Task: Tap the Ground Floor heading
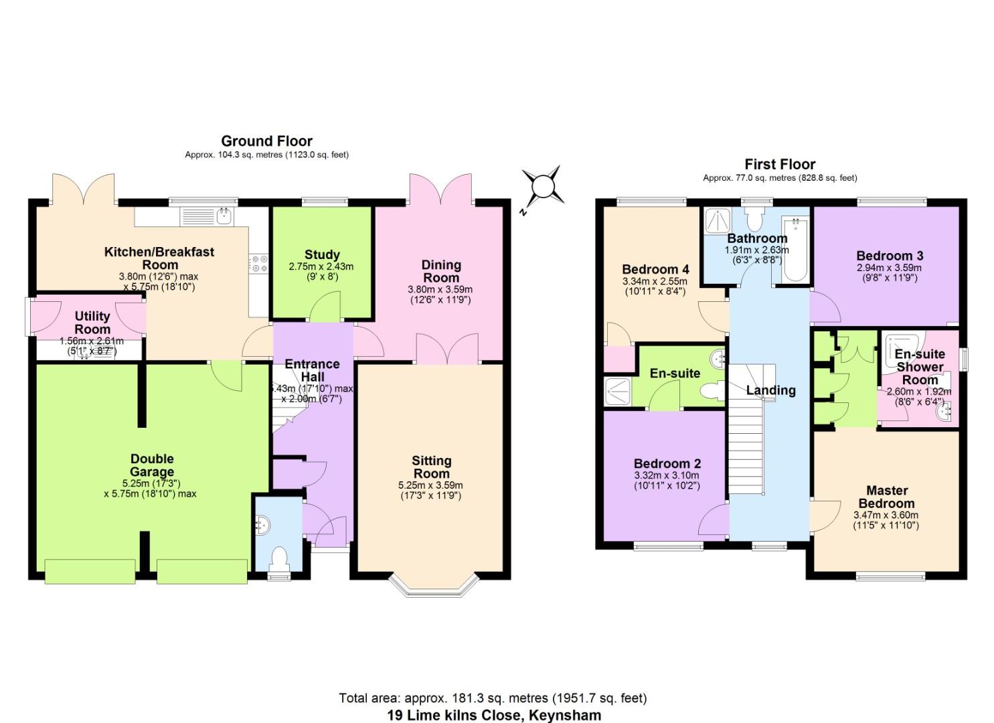pyautogui.click(x=266, y=141)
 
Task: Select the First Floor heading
pyautogui.click(x=780, y=164)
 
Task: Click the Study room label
pyautogui.click(x=322, y=254)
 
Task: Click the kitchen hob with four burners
pyautogui.click(x=260, y=264)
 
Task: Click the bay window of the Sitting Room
pyautogui.click(x=436, y=586)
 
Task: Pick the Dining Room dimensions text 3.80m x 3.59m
pyautogui.click(x=440, y=290)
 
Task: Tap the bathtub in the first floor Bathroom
pyautogui.click(x=795, y=251)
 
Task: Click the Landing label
pyautogui.click(x=771, y=390)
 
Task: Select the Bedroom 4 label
pyautogui.click(x=655, y=269)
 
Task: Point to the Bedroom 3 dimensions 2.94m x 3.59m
pyautogui.click(x=889, y=268)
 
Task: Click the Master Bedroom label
pyautogui.click(x=886, y=497)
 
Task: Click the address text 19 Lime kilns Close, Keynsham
pyautogui.click(x=494, y=714)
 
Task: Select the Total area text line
pyautogui.click(x=493, y=698)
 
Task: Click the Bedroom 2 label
pyautogui.click(x=667, y=463)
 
